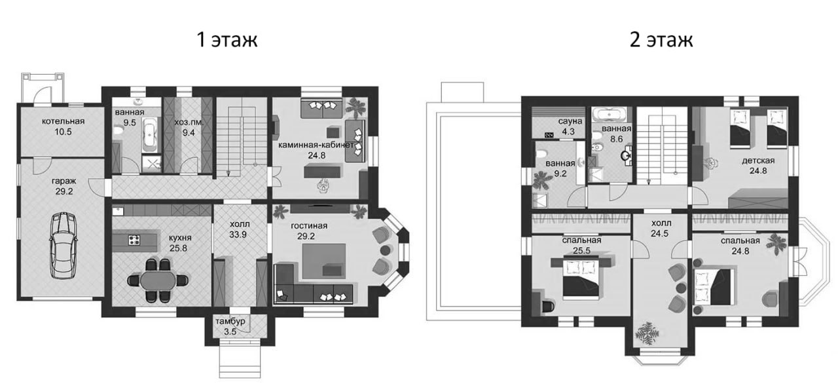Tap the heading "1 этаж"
pyautogui.click(x=228, y=40)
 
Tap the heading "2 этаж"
pyautogui.click(x=661, y=40)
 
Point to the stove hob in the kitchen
pyautogui.click(x=136, y=240)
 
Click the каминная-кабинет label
pyautogui.click(x=316, y=144)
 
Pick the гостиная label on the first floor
pyautogui.click(x=309, y=226)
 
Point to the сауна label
pyautogui.click(x=567, y=122)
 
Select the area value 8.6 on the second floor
pyautogui.click(x=616, y=140)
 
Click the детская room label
pyautogui.click(x=758, y=161)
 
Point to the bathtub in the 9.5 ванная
pyautogui.click(x=150, y=134)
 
